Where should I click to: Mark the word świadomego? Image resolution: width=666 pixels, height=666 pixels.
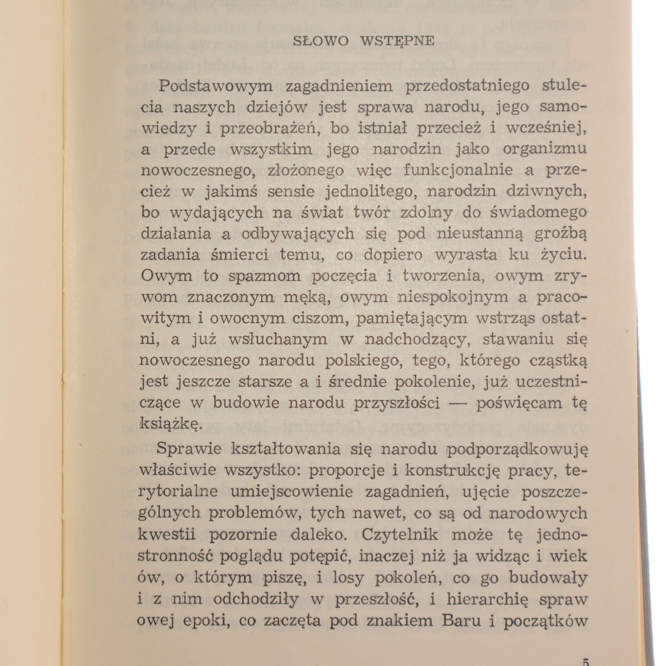click(x=538, y=212)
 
